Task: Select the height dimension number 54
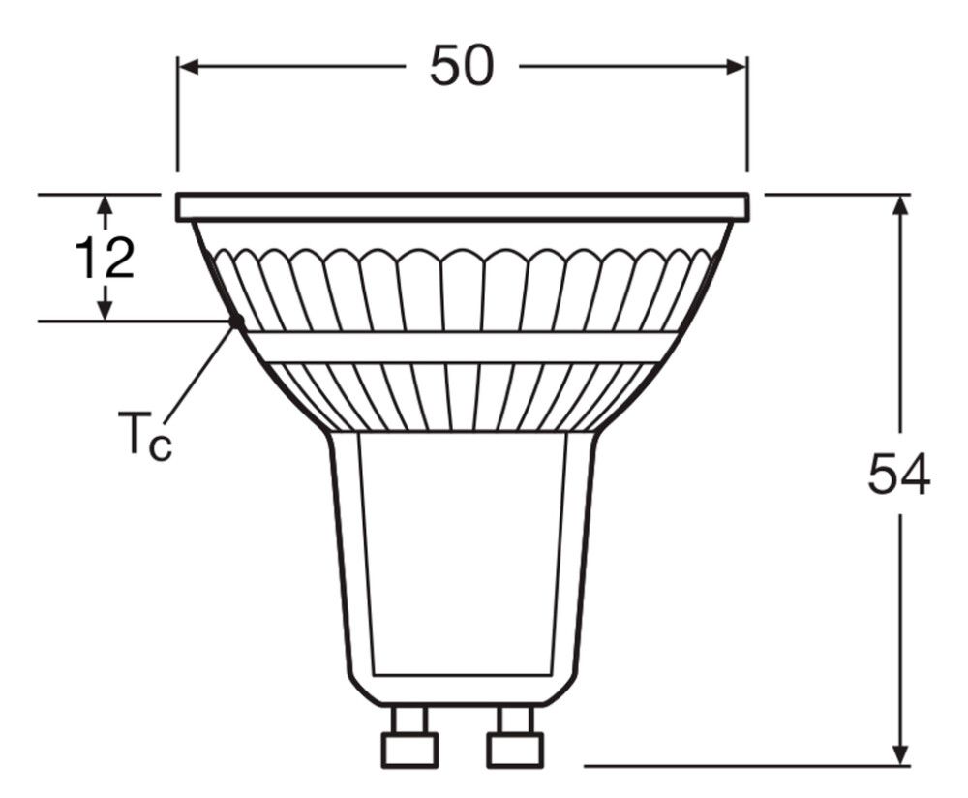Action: [899, 475]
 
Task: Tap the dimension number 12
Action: [105, 259]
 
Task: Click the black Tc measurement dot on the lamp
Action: [235, 322]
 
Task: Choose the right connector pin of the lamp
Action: [514, 736]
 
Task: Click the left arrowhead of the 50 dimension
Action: [190, 67]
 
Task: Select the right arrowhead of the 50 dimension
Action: [735, 67]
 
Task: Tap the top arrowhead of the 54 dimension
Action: [901, 206]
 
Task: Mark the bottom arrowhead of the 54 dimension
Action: [901, 753]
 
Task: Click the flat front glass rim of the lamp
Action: [462, 206]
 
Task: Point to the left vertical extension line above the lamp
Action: [177, 116]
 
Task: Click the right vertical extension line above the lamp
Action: [747, 116]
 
